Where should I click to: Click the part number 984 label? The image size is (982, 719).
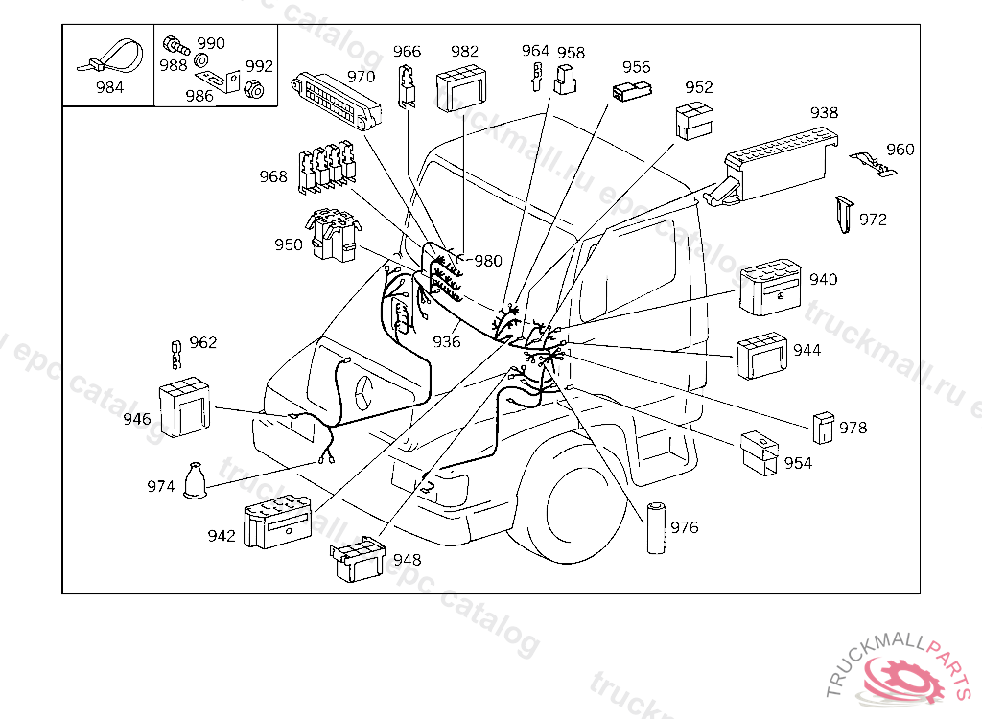(109, 87)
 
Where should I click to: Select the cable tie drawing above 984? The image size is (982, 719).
(110, 57)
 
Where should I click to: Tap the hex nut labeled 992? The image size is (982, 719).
(253, 89)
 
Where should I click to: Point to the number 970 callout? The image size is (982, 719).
(362, 77)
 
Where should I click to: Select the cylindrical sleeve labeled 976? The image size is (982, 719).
(656, 527)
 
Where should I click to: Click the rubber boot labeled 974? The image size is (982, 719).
(195, 481)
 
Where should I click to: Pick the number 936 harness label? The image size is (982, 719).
(447, 342)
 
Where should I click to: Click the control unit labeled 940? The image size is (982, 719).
(770, 287)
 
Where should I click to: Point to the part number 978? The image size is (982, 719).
(853, 428)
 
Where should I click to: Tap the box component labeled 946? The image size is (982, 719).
(184, 407)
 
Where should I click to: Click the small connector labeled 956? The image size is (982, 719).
(632, 91)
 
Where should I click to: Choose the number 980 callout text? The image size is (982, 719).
(488, 261)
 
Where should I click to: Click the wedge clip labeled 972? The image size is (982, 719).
(844, 215)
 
